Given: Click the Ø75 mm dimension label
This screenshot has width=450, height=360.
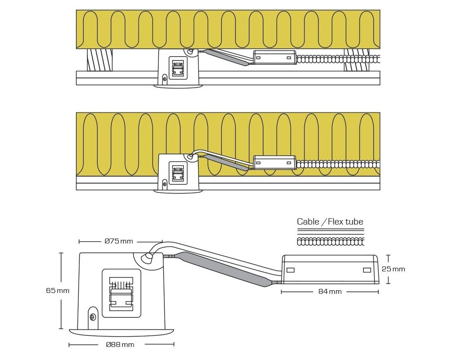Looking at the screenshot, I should click(119, 241).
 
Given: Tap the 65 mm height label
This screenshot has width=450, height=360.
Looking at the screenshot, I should click(58, 291).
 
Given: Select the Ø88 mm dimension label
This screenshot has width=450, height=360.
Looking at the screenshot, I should click(120, 345).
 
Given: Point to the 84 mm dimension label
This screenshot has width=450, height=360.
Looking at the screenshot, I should click(330, 292).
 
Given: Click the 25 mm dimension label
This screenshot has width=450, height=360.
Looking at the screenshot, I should click(393, 269).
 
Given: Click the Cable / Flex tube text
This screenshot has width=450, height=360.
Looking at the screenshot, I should click(330, 221).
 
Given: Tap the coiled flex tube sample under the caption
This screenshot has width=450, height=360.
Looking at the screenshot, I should click(330, 242).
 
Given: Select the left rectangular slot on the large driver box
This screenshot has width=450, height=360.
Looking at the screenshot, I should click(290, 270).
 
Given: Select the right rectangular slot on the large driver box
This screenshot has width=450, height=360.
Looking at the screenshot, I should click(367, 270).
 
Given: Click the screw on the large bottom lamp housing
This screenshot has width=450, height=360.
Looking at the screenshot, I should click(93, 317).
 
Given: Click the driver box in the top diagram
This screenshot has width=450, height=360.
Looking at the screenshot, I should click(274, 58).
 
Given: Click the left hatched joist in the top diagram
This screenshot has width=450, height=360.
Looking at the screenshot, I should click(99, 60).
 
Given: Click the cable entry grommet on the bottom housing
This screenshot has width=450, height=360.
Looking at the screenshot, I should click(148, 257).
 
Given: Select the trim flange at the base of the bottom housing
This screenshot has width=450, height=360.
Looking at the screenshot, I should click(121, 332).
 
